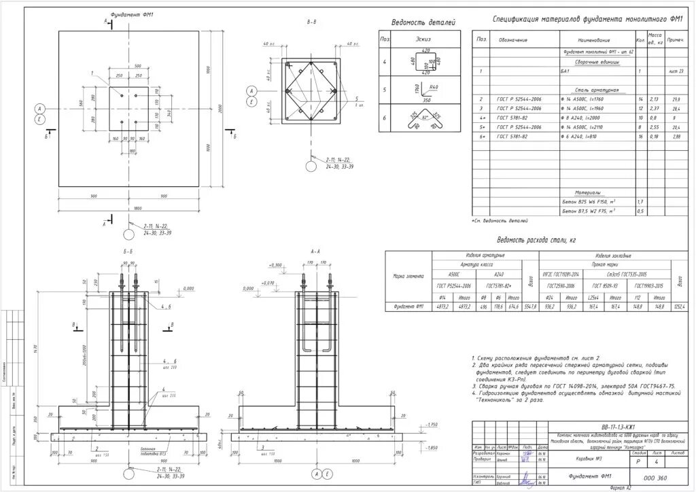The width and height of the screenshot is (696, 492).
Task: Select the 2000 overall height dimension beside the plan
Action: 220,109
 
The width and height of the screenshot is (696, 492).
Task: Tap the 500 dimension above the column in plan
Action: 137,66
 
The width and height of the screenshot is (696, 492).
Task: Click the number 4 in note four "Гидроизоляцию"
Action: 473,393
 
